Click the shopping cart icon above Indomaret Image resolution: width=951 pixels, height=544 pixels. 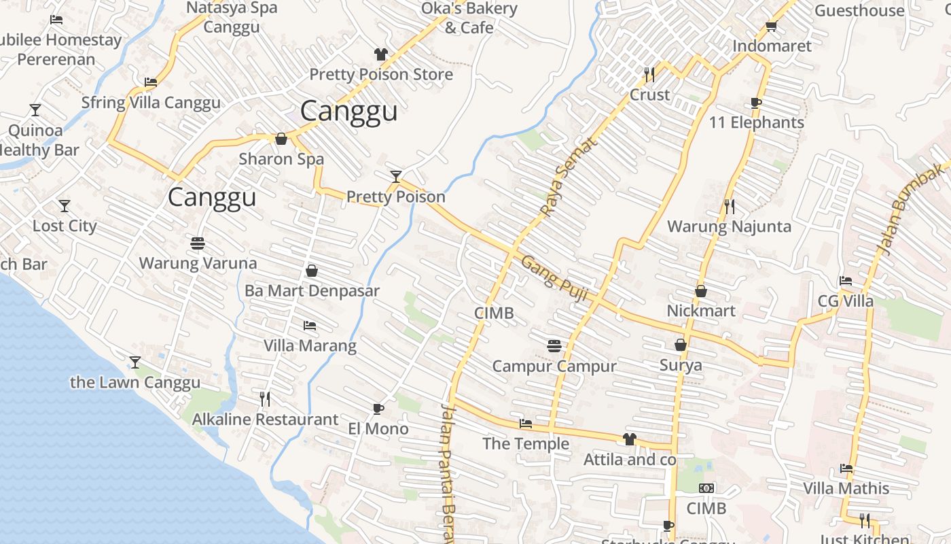click(771, 27)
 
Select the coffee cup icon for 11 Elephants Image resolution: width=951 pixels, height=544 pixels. click(756, 103)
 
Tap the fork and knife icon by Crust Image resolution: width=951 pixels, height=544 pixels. click(649, 74)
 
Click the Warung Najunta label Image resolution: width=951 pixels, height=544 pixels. click(729, 226)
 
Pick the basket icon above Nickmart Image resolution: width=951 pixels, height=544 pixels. click(701, 291)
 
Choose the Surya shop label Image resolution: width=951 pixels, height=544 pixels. click(681, 365)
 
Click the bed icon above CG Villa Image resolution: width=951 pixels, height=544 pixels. click(846, 281)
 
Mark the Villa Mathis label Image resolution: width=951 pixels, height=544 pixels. click(846, 488)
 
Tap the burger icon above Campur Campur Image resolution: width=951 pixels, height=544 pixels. click(554, 346)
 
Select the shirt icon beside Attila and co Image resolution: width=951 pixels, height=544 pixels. click(630, 439)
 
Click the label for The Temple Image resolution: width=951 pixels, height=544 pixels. click(526, 444)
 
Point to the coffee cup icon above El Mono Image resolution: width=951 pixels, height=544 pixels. click(378, 409)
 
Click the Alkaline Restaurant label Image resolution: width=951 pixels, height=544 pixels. click(265, 420)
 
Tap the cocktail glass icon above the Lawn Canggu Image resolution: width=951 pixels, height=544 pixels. click(135, 362)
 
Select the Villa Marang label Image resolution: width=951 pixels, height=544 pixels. click(310, 345)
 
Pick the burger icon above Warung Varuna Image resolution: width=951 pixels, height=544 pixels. click(198, 243)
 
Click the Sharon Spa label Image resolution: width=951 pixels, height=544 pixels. click(281, 159)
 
